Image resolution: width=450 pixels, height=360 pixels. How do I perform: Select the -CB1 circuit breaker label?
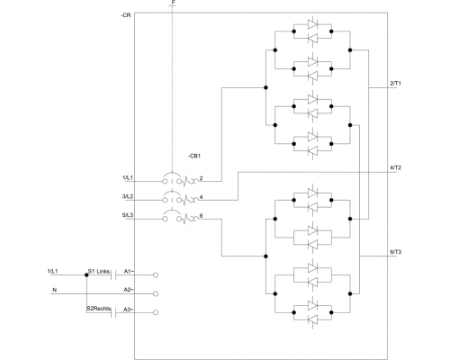(x=194, y=156)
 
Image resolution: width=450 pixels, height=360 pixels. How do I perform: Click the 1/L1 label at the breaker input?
(x=127, y=178)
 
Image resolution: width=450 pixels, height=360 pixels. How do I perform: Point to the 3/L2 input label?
(x=127, y=196)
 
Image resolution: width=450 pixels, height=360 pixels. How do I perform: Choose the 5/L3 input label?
(x=127, y=214)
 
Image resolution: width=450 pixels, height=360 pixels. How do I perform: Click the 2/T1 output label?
(x=395, y=84)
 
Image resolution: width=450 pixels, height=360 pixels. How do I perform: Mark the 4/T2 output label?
(x=395, y=167)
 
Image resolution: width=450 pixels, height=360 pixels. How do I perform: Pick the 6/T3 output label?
(x=395, y=252)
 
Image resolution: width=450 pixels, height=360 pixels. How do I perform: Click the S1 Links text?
(x=99, y=270)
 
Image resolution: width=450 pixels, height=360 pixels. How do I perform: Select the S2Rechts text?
(x=99, y=309)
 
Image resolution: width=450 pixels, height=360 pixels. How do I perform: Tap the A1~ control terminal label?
(x=129, y=270)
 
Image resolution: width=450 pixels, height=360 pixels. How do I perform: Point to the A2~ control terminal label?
(x=129, y=289)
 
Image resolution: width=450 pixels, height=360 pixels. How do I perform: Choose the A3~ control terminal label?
(x=129, y=309)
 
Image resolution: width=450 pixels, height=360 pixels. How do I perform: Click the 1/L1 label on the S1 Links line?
(x=53, y=270)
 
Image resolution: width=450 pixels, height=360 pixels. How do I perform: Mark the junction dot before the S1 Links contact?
(x=86, y=274)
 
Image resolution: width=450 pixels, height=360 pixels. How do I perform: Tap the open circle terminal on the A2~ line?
(x=157, y=293)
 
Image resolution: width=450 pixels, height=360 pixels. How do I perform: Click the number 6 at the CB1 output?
(x=202, y=215)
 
